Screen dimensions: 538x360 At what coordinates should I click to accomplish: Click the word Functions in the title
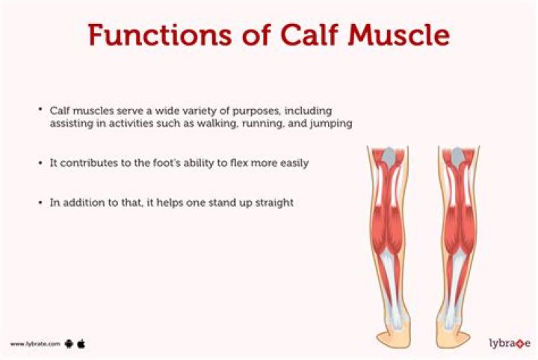pyautogui.click(x=160, y=35)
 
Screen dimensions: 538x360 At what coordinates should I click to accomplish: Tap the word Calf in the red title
pyautogui.click(x=310, y=34)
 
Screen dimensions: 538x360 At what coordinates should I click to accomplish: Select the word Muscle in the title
pyautogui.click(x=399, y=34)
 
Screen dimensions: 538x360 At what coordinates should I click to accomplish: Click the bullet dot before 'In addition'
pyautogui.click(x=41, y=203)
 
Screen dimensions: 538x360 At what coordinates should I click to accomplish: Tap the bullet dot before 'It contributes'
pyautogui.click(x=41, y=164)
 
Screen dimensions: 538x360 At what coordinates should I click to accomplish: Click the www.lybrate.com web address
pyautogui.click(x=35, y=344)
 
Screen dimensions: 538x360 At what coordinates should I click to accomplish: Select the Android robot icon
pyautogui.click(x=69, y=344)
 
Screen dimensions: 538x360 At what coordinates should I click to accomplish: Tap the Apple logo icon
pyautogui.click(x=81, y=344)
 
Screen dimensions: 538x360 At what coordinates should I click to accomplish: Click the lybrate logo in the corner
pyautogui.click(x=510, y=343)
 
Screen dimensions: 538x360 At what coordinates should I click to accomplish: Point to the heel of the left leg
pyautogui.click(x=392, y=336)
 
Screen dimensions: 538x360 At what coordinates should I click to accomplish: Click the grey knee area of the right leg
pyautogui.click(x=458, y=156)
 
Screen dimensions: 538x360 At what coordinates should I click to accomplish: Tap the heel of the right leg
pyautogui.click(x=453, y=336)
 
